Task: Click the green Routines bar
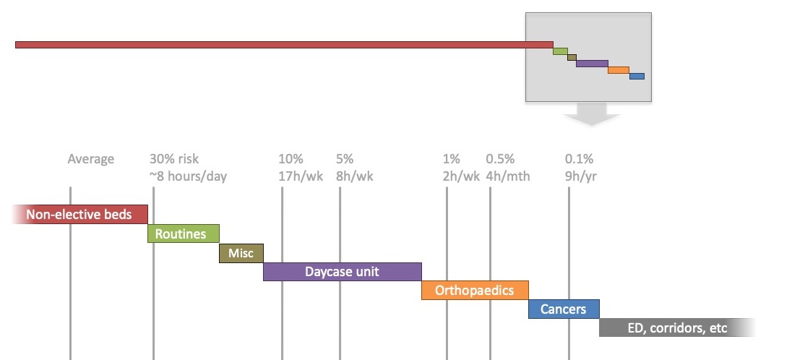pos(184,233)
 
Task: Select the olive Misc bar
pos(241,253)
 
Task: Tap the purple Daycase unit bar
pos(343,272)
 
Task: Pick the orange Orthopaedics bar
pos(475,290)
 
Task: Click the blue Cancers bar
pos(564,309)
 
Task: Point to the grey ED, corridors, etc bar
pos(677,327)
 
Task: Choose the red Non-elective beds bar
pos(79,215)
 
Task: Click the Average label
pos(91,159)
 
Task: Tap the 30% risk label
pos(174,159)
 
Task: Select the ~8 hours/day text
pos(189,176)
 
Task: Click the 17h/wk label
pos(301,176)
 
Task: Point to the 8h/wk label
pos(355,176)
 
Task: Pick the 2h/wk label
pos(461,176)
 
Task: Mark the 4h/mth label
pos(508,176)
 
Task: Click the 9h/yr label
pos(581,176)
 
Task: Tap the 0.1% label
pos(580,159)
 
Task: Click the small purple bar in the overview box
pos(592,64)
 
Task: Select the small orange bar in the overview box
pos(619,70)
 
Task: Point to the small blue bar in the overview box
pos(637,77)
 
